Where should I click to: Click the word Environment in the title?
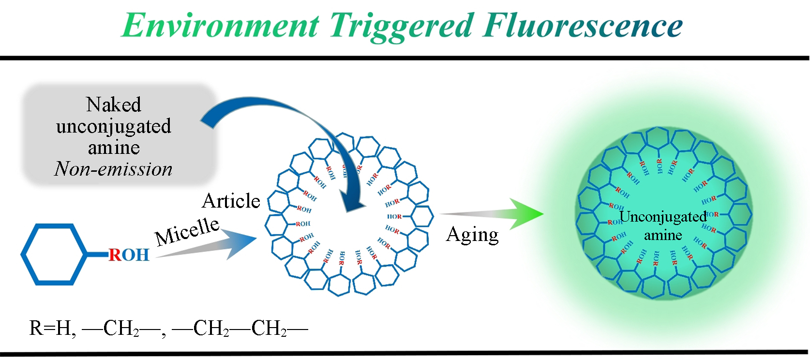(220, 25)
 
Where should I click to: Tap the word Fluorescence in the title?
(583, 25)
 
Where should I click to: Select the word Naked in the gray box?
(114, 105)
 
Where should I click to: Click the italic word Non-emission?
(113, 169)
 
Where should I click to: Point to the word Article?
(231, 201)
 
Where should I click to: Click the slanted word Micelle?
(187, 231)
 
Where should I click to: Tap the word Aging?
(472, 235)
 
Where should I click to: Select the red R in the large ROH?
(115, 255)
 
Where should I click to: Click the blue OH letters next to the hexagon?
(135, 255)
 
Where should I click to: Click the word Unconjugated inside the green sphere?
(663, 217)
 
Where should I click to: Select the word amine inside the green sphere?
(663, 235)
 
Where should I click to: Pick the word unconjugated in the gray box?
(114, 126)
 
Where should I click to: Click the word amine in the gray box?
(114, 148)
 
